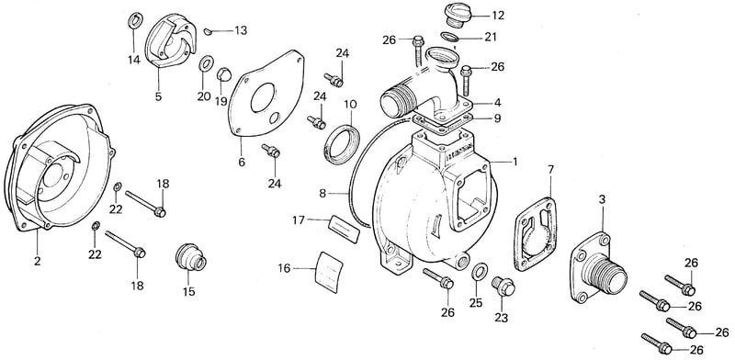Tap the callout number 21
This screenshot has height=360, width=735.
coord(491,37)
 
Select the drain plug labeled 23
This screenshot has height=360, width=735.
coord(503,287)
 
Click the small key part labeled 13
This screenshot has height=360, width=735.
coord(209,31)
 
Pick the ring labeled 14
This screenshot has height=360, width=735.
coord(133,21)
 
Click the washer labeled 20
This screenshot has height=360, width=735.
coord(205,64)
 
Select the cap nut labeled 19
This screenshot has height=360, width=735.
coord(222,75)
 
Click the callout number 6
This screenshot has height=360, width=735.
coord(242,163)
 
